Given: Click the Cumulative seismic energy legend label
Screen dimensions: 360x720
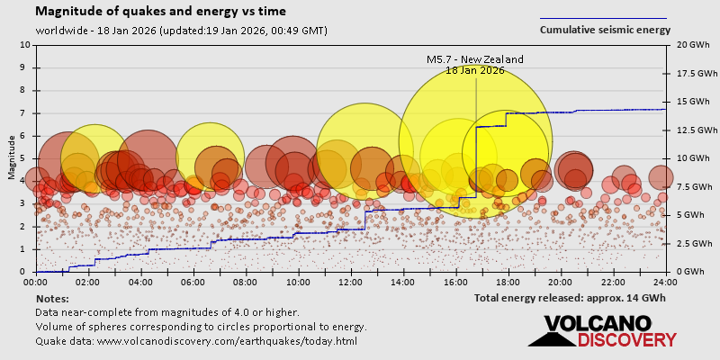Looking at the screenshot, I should click(x=605, y=30).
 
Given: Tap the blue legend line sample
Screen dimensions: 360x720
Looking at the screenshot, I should click(x=603, y=18).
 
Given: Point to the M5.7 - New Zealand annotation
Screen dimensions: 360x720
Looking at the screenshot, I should click(x=474, y=59).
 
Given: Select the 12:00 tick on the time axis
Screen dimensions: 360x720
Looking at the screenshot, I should click(x=352, y=282).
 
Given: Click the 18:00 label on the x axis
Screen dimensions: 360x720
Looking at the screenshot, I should click(x=509, y=282).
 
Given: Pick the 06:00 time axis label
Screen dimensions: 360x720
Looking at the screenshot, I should click(x=193, y=282).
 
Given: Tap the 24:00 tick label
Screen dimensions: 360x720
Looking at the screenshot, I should click(x=667, y=282).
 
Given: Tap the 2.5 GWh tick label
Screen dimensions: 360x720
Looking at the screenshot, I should click(x=688, y=244).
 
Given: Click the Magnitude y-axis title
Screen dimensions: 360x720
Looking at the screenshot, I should click(x=12, y=158).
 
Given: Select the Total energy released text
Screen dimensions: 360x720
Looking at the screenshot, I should click(x=570, y=297).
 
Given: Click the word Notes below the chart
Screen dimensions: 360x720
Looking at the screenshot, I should click(x=52, y=298).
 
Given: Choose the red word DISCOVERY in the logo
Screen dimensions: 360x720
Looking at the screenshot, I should click(x=627, y=340).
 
